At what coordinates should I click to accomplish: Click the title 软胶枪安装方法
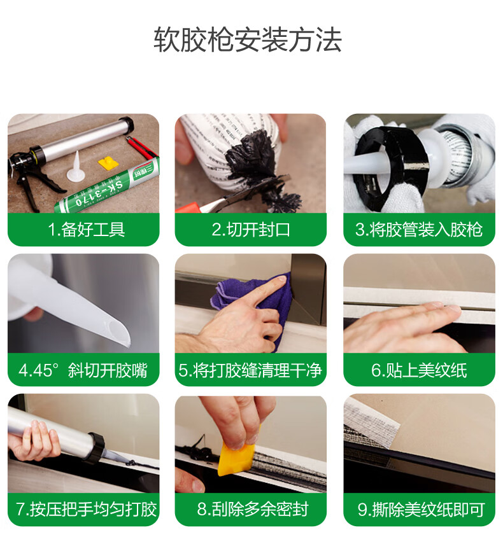coord(248,40)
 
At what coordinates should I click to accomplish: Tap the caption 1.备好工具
coord(86,229)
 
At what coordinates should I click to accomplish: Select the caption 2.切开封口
coord(251,229)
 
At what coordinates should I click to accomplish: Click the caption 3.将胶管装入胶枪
coord(419,229)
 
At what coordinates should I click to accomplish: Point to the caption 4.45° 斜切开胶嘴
coord(83,370)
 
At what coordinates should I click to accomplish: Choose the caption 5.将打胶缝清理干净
coord(250,370)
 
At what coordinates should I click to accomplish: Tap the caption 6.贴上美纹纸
coord(419,370)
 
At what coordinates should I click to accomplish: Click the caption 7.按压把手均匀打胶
coord(87,509)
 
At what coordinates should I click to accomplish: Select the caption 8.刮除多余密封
coord(253,509)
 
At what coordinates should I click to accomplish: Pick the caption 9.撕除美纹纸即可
coord(421,509)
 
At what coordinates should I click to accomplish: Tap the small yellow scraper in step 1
coord(108,162)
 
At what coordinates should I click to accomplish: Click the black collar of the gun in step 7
coord(96,447)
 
